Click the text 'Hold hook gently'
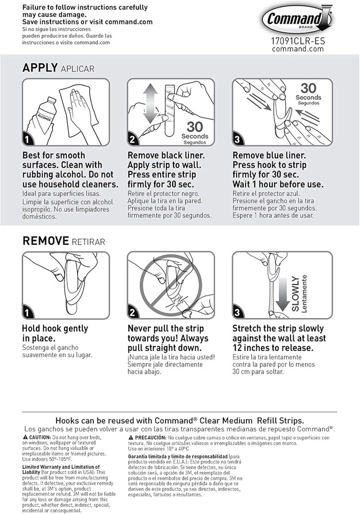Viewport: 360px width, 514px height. [x=55, y=328]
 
